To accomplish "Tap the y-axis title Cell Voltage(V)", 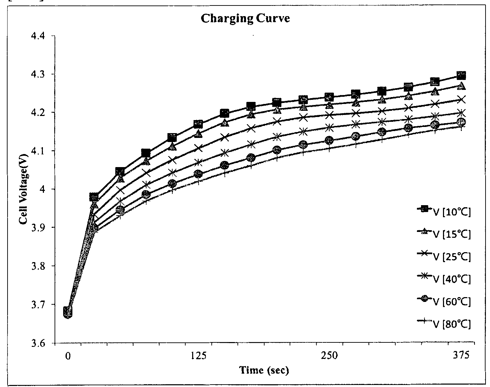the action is coord(23,189).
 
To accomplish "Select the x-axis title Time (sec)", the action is coord(264,370).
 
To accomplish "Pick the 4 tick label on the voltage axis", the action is coord(43,189).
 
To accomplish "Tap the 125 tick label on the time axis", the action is coord(198,355).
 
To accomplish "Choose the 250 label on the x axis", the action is coord(329,355).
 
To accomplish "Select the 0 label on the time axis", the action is coord(68,356).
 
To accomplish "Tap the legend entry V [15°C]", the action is coord(444,234).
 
